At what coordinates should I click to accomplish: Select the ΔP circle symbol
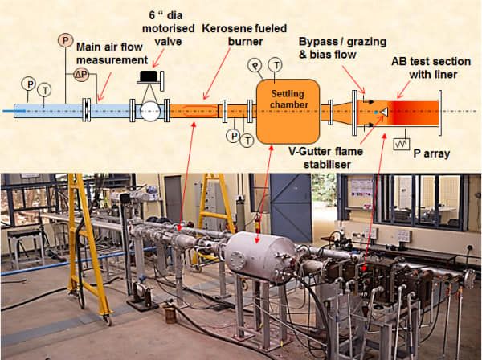(81, 75)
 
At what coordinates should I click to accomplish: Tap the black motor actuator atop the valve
(149, 77)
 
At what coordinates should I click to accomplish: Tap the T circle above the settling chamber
(276, 63)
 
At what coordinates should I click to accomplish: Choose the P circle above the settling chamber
(255, 64)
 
